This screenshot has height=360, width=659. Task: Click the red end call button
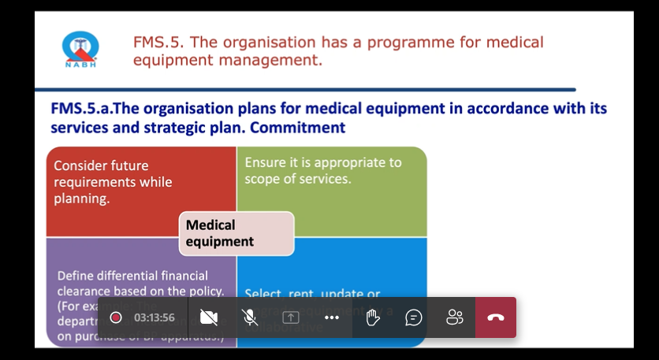tap(495, 317)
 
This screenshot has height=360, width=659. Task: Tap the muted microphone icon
tap(250, 317)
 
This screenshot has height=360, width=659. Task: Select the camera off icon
tap(209, 317)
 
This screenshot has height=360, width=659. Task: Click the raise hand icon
tap(373, 317)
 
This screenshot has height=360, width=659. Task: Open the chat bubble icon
tap(414, 317)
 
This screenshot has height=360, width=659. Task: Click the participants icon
tap(455, 317)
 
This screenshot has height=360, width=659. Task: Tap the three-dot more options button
tap(332, 317)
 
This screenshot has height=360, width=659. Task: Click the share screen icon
tap(291, 317)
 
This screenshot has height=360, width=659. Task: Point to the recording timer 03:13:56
tap(155, 317)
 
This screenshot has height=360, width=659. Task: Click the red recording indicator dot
tap(116, 317)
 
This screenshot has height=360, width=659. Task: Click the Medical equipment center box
tap(236, 233)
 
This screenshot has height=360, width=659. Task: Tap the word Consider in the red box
tap(80, 165)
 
